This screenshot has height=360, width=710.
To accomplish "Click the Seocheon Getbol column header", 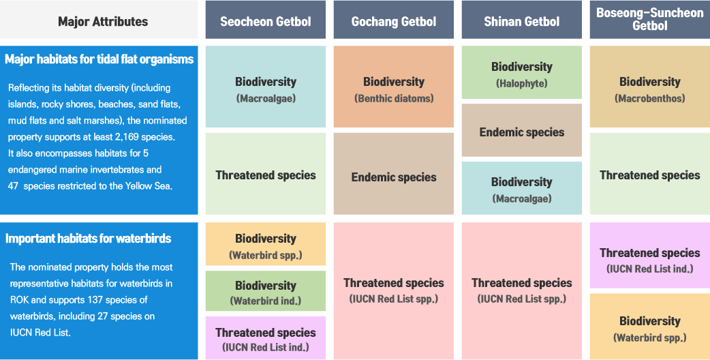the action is point(265,20).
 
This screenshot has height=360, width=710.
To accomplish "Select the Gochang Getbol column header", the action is point(393,20).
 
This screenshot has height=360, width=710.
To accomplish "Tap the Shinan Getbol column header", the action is point(522,20).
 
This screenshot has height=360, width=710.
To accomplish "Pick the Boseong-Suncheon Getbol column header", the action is point(650,20).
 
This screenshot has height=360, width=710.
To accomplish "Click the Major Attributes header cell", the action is point(99,20).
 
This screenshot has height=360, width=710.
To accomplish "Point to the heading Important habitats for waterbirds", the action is point(89,239).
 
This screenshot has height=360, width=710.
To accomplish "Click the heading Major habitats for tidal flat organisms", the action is point(99,59).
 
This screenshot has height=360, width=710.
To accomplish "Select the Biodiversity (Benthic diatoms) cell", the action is point(393,87).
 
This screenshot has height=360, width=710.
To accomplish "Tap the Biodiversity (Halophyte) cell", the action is point(522,72).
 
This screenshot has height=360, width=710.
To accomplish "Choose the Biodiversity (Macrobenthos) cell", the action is point(650,87).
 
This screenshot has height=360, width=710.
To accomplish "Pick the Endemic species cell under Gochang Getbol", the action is point(393,173).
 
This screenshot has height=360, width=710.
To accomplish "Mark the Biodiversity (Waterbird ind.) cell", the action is point(265,291).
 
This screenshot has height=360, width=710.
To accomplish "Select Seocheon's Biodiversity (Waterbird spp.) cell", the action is point(265,244).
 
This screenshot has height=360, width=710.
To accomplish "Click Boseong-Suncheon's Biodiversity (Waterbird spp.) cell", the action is point(650,327).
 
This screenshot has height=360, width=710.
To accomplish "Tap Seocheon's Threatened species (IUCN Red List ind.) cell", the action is point(265,337).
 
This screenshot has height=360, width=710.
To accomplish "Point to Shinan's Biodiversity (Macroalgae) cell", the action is point(522,188).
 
